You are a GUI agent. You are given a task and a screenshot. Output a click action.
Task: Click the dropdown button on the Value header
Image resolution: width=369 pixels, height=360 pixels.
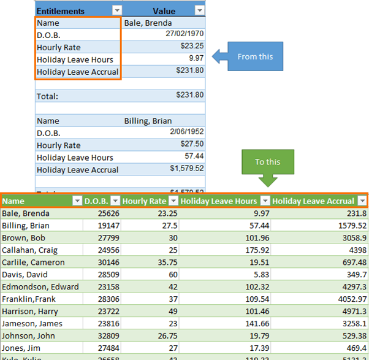pyautogui.click(x=199, y=10)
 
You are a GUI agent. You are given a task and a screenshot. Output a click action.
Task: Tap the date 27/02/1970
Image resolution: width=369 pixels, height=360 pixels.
pyautogui.click(x=184, y=35)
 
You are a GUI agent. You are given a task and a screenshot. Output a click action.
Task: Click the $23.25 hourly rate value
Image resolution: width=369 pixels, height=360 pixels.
pyautogui.click(x=191, y=47)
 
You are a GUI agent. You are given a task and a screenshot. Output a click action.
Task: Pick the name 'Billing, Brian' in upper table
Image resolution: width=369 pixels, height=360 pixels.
pyautogui.click(x=148, y=121)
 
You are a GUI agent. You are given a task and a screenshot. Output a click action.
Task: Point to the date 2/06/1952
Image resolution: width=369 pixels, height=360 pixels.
pyautogui.click(x=186, y=133)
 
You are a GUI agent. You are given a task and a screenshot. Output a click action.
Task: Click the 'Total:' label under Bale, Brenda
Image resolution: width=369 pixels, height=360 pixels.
pyautogui.click(x=48, y=96)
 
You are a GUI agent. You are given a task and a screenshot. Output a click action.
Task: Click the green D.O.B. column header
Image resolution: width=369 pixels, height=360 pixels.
pyautogui.click(x=96, y=201)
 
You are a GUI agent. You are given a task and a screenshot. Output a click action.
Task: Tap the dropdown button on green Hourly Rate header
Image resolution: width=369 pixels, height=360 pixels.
pyautogui.click(x=173, y=201)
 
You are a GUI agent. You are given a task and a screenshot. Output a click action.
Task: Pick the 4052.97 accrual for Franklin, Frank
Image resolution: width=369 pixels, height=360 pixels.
pyautogui.click(x=350, y=299)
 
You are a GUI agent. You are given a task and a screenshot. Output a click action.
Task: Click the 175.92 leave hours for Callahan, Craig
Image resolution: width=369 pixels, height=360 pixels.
pyautogui.click(x=257, y=250)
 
